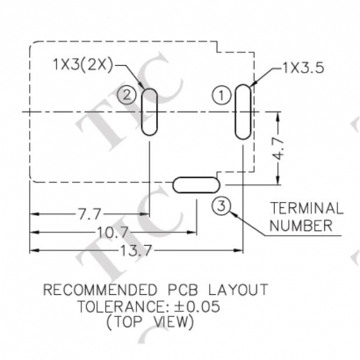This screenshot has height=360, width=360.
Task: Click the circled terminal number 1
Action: click(220, 93)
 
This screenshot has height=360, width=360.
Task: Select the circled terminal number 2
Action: click(129, 95)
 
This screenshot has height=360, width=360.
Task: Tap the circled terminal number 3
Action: click(221, 205)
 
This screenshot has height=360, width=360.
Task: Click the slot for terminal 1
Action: click(241, 111)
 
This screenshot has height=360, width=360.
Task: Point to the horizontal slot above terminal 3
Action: click(195, 184)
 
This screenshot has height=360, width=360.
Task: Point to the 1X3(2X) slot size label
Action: click(82, 64)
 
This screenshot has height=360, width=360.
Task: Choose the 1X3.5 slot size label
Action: click(304, 66)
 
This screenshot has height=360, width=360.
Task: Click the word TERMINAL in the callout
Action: click(306, 209)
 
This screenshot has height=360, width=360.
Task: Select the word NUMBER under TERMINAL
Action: click(300, 226)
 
